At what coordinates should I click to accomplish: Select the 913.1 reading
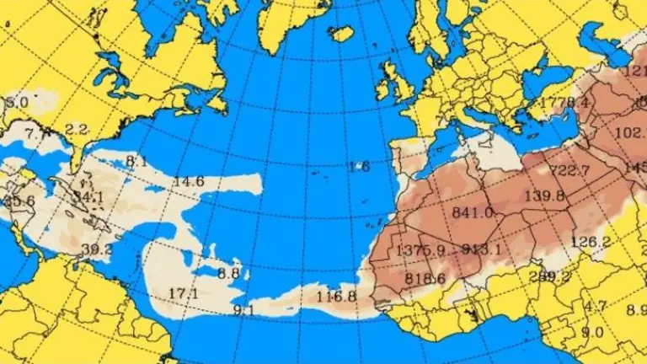click(x=482, y=249)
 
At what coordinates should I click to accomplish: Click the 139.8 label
click(x=544, y=196)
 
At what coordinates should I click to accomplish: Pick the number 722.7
click(x=569, y=170)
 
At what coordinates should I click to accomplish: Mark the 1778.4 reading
click(x=565, y=102)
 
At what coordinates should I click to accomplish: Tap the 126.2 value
click(x=590, y=242)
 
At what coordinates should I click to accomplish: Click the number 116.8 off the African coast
click(x=336, y=296)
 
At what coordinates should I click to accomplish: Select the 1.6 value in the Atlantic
click(x=359, y=166)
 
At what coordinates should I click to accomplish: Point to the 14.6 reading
click(x=189, y=181)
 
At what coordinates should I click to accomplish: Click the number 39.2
click(x=97, y=248)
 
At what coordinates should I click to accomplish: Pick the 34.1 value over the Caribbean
click(x=88, y=197)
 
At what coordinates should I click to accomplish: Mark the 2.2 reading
click(x=77, y=129)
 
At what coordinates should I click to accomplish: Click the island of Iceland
click(x=340, y=33)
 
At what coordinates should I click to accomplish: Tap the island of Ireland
click(x=383, y=85)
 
